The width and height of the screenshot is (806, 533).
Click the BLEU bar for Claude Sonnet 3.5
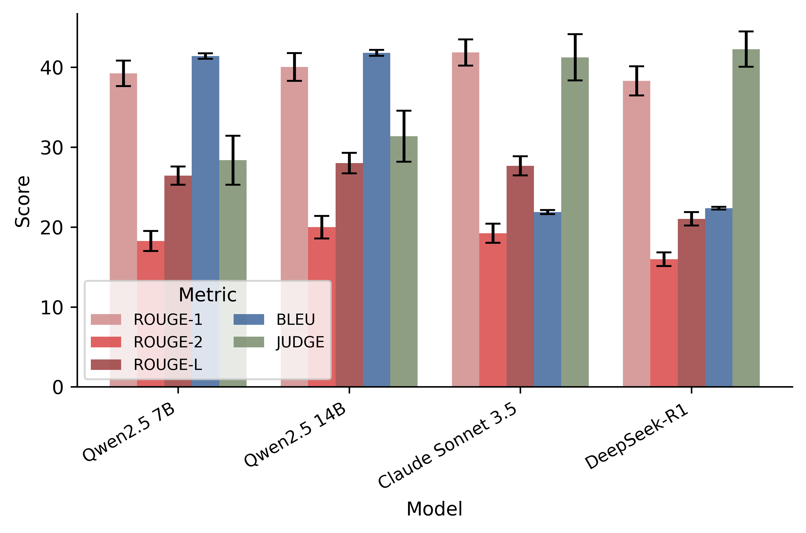[547, 299]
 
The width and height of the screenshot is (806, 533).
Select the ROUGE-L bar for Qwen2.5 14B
[349, 272]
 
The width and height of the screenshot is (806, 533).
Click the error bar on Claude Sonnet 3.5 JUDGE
[575, 57]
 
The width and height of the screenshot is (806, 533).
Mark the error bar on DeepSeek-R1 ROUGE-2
[664, 259]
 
